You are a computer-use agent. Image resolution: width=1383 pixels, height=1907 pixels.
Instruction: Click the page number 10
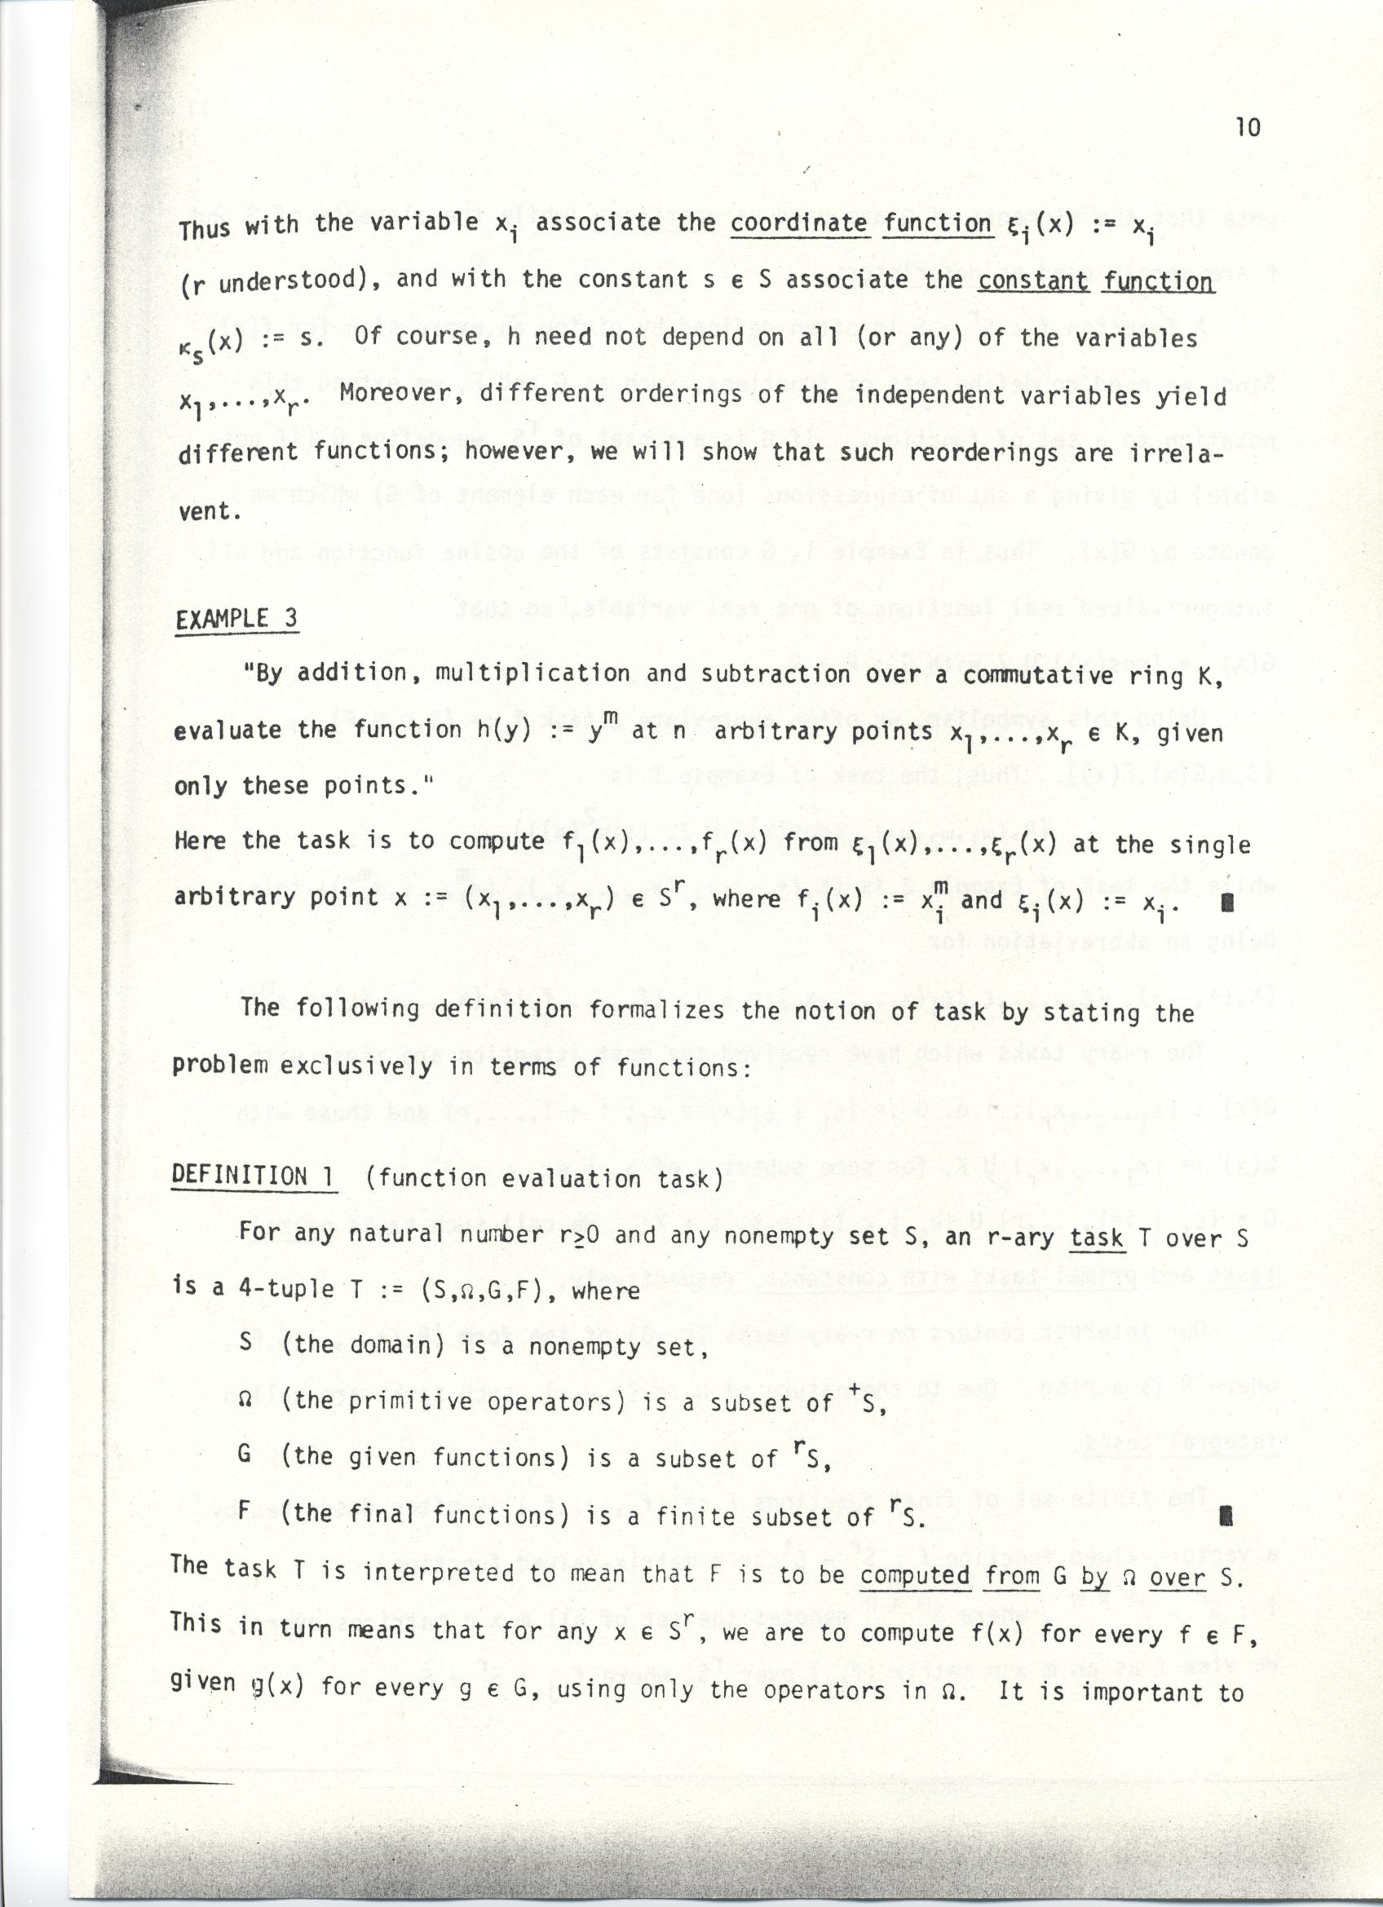(x=1248, y=127)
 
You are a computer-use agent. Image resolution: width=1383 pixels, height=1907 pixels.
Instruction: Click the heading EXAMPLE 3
(x=236, y=619)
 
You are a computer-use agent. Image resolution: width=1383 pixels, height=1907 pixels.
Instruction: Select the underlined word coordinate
(x=798, y=223)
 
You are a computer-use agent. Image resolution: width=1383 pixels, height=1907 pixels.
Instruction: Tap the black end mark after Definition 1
(x=1226, y=1516)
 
